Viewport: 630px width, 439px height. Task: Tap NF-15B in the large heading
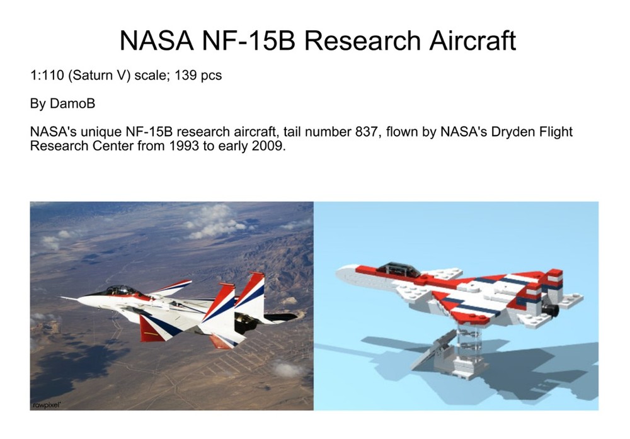point(251,40)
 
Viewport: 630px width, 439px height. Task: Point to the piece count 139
point(188,76)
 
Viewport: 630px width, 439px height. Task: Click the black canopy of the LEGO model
point(400,269)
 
